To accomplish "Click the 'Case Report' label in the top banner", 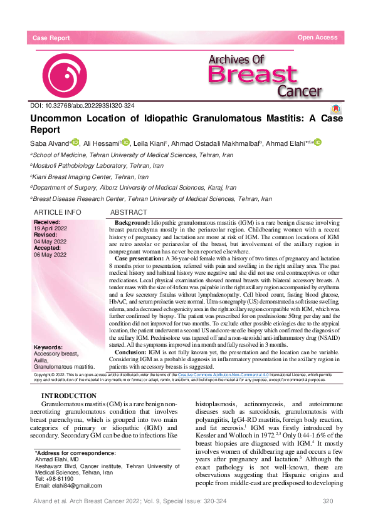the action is point(51,38).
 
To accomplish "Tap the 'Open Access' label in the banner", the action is point(317,38).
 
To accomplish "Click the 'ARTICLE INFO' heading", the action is point(57,213).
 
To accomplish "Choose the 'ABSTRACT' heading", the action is point(129,213).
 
